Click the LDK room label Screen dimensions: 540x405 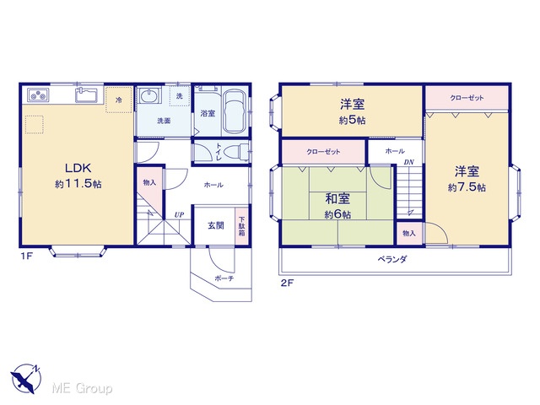pyautogui.click(x=78, y=168)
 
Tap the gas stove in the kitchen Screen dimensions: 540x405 pyautogui.click(x=38, y=94)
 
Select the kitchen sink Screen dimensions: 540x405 pyautogui.click(x=87, y=94)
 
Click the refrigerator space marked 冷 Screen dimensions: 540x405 pyautogui.click(x=119, y=100)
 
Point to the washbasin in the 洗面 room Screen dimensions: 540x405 pyautogui.click(x=149, y=94)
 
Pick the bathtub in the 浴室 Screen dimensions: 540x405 pyautogui.click(x=235, y=111)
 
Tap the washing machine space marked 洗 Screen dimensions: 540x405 pyautogui.click(x=180, y=96)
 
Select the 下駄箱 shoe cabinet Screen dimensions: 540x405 pyautogui.click(x=242, y=225)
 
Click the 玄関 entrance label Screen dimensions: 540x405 pyautogui.click(x=216, y=225)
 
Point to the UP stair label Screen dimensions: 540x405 pyautogui.click(x=179, y=215)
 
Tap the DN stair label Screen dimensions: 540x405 pyautogui.click(x=408, y=162)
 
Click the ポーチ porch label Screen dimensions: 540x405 pyautogui.click(x=224, y=278)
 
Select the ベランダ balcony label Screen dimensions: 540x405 pyautogui.click(x=391, y=259)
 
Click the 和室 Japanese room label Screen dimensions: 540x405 pyautogui.click(x=337, y=199)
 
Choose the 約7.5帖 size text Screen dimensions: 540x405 pyautogui.click(x=467, y=187)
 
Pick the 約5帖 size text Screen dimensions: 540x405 pyautogui.click(x=352, y=121)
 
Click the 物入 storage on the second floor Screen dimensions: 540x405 pyautogui.click(x=409, y=234)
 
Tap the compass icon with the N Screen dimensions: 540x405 pyautogui.click(x=26, y=378)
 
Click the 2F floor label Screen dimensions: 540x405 pyautogui.click(x=287, y=283)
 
